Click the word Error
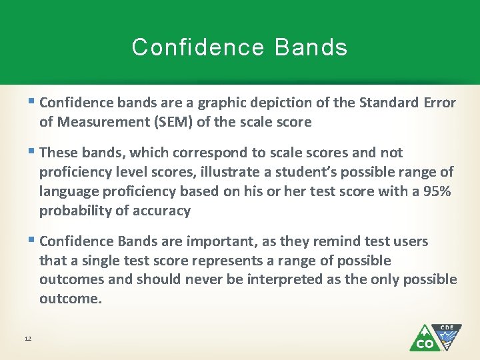coord(439,103)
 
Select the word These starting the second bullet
coord(58,153)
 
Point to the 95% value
coord(436,191)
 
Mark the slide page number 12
coord(27,339)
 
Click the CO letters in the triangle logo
coord(425,343)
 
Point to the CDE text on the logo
coord(447,328)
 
